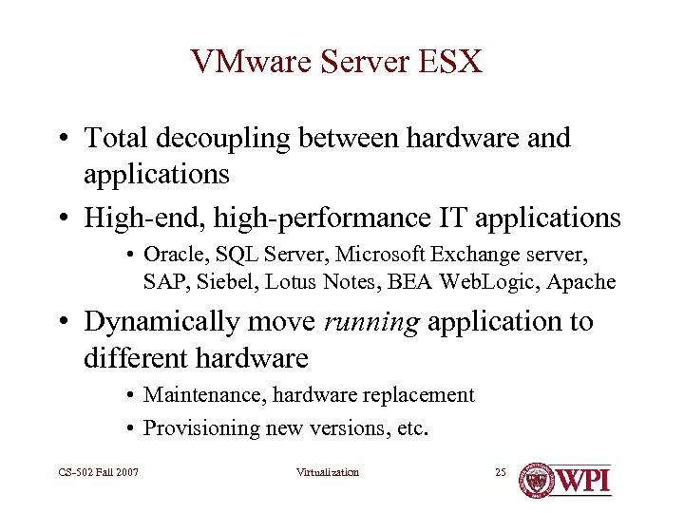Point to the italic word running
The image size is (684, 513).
[x=371, y=321]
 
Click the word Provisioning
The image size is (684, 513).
[x=197, y=427]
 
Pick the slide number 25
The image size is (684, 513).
[x=501, y=472]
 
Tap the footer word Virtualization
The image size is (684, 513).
[x=328, y=472]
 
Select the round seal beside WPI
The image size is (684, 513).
[x=536, y=479]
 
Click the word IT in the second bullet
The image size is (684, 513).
[x=451, y=218]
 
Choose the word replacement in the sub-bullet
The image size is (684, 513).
[x=423, y=394]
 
